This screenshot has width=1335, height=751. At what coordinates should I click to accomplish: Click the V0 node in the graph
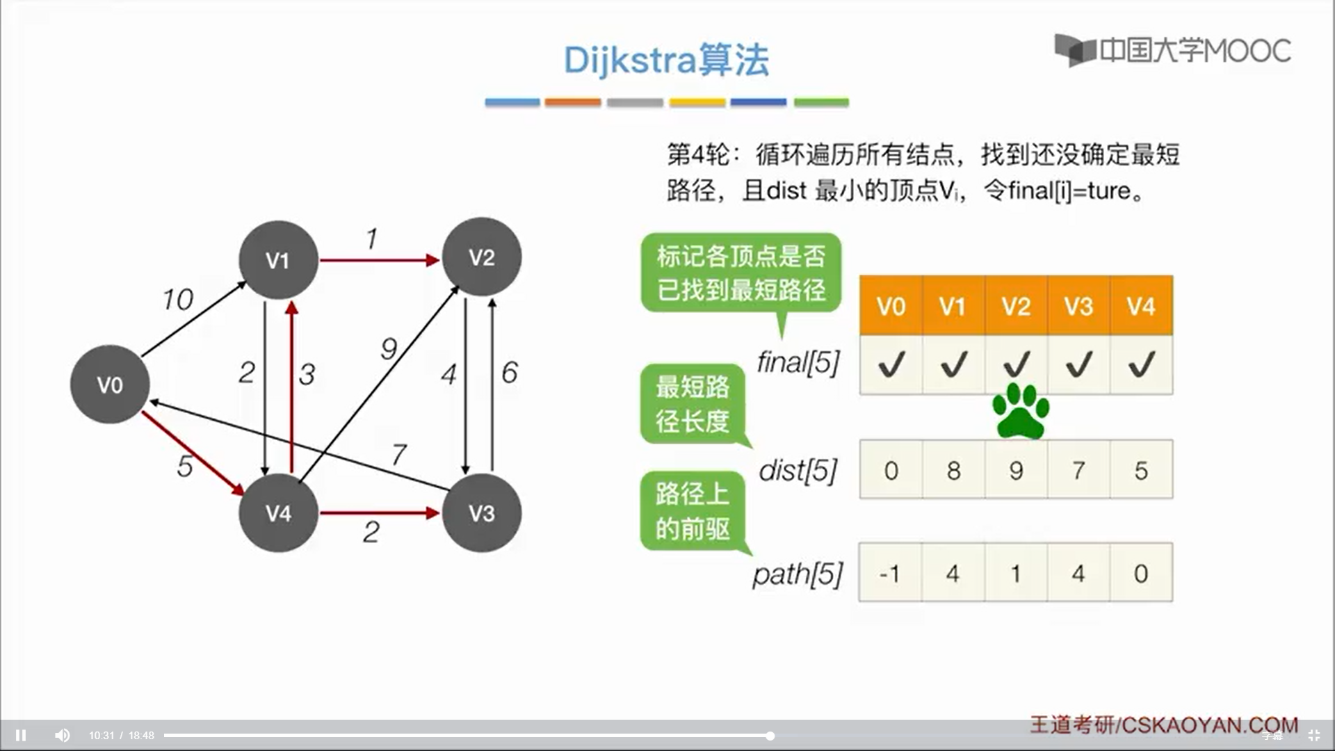tap(110, 384)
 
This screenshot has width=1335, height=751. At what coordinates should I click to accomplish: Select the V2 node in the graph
tap(481, 257)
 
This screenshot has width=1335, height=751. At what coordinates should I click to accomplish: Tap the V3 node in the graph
tap(481, 513)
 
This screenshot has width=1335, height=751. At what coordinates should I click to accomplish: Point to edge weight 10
tap(178, 300)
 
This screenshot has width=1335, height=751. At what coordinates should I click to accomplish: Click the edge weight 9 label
tap(389, 348)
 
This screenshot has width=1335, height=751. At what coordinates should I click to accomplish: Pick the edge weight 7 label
tap(399, 455)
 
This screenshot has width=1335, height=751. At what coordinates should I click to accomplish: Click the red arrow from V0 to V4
tap(193, 453)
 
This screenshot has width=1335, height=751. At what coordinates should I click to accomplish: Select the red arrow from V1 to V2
tap(379, 260)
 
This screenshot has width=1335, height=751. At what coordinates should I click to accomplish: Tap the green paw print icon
tap(1020, 411)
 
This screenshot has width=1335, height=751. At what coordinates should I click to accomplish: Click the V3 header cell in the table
tap(1078, 306)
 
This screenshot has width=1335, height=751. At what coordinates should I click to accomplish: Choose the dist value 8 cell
tap(953, 470)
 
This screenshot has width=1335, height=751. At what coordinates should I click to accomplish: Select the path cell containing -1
tap(891, 573)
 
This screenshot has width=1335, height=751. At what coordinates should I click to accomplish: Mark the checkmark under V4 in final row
tap(1142, 364)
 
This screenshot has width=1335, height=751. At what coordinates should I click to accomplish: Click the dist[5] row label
tap(798, 471)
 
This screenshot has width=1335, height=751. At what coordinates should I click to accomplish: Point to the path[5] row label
tap(798, 574)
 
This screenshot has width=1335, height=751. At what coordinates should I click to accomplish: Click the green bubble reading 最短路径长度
tap(693, 404)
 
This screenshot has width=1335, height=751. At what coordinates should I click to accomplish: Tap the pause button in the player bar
tap(21, 735)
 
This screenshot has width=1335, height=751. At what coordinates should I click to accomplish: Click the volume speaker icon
tap(62, 735)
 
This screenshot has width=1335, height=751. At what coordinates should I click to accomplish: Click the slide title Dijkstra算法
tap(666, 60)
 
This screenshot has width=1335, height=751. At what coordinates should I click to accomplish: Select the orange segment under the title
tap(573, 102)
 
